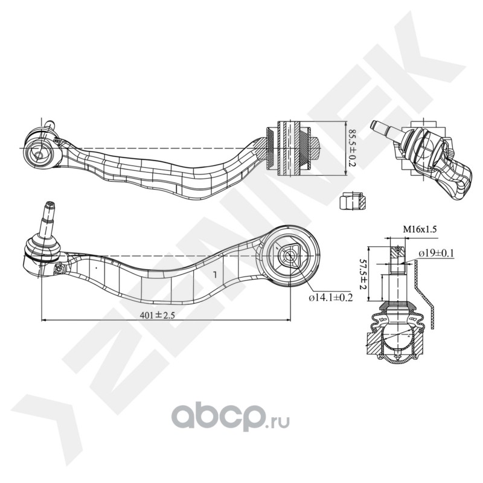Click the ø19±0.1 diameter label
click(435, 253)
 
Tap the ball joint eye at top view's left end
click(40, 153)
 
